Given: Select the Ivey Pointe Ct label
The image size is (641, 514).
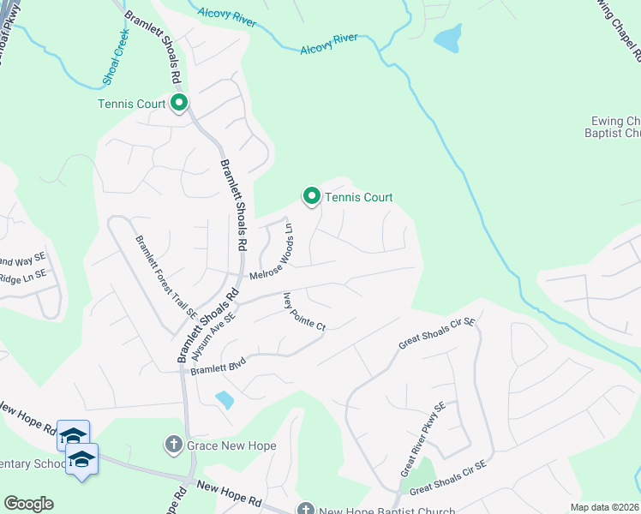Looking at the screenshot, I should [304, 312].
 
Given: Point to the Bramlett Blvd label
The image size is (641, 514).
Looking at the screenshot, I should [218, 367].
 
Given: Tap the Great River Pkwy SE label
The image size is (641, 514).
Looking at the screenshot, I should [422, 439].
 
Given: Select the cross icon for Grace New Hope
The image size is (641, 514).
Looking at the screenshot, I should [172, 445].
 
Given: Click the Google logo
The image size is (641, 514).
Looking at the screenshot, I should [28, 504].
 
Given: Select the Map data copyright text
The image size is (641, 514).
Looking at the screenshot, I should [604, 507].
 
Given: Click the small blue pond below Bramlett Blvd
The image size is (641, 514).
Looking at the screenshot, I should [225, 399].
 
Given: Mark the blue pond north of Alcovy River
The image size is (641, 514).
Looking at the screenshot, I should [448, 38].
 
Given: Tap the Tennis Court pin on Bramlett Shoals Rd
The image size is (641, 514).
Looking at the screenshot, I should [179, 104].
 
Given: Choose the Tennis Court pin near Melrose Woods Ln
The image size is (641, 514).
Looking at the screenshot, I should [312, 197].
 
